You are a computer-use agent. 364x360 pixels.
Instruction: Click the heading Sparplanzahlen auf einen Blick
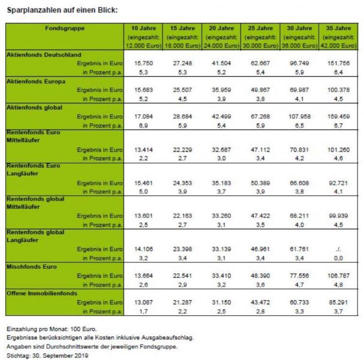[62, 10]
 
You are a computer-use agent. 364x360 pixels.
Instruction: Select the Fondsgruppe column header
[65, 28]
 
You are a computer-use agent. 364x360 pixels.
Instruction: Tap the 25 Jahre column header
[260, 28]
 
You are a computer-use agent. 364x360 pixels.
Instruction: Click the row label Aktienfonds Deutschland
[44, 55]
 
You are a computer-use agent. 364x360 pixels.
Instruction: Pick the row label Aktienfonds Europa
[36, 81]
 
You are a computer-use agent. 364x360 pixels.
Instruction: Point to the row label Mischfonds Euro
[31, 266]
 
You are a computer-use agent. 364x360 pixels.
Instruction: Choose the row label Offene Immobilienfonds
[42, 293]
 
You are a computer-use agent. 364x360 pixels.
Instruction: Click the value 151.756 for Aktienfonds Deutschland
[338, 63]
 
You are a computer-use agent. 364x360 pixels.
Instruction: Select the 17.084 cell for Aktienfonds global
[143, 116]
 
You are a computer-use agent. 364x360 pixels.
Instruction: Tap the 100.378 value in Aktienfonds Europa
[338, 90]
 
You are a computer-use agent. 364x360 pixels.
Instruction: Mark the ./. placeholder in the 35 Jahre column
[338, 249]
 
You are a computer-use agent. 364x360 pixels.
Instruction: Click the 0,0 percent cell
[338, 258]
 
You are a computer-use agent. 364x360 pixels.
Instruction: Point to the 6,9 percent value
[143, 126]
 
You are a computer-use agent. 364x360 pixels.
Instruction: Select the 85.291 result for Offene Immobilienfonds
[338, 302]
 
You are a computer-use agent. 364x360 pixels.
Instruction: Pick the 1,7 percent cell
[143, 311]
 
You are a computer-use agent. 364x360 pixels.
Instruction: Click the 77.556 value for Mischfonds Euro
[299, 276]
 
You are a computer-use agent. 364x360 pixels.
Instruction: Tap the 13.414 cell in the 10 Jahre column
[143, 149]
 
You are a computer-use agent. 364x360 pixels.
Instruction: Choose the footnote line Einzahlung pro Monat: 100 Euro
[52, 329]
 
